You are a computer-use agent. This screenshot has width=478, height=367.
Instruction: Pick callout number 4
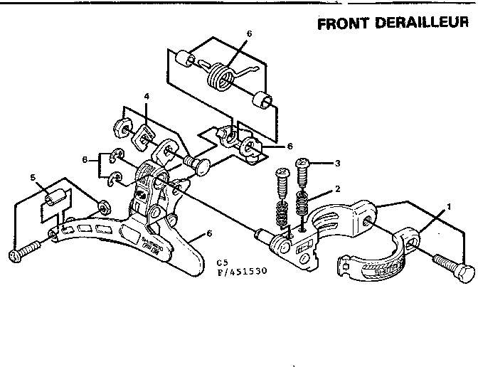coord(146,97)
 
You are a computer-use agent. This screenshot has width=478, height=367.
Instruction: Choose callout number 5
coord(32,177)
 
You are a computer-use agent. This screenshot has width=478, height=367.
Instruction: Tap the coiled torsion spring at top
coord(223,73)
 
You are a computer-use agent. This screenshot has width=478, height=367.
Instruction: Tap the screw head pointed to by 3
coord(303,162)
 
